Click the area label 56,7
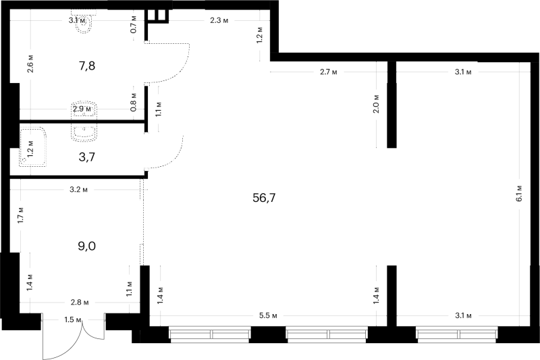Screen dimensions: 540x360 264,198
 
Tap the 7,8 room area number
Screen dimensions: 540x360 87,66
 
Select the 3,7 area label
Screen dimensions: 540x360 87,157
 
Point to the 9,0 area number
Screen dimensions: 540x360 87,247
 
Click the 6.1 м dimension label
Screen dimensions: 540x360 519,193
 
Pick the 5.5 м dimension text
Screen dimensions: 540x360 268,315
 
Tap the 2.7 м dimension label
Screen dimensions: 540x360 329,72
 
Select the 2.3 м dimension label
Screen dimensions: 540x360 219,21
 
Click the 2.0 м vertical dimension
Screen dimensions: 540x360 376,104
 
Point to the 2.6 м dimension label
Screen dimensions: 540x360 30,63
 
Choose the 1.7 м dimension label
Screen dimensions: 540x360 21,215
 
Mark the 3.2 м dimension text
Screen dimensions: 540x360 78,190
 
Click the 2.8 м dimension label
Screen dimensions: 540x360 80,303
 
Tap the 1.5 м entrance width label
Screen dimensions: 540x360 73,320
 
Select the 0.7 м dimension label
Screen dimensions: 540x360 134,24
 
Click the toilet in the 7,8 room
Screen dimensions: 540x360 84,22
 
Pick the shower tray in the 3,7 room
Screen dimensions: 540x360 33,147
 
